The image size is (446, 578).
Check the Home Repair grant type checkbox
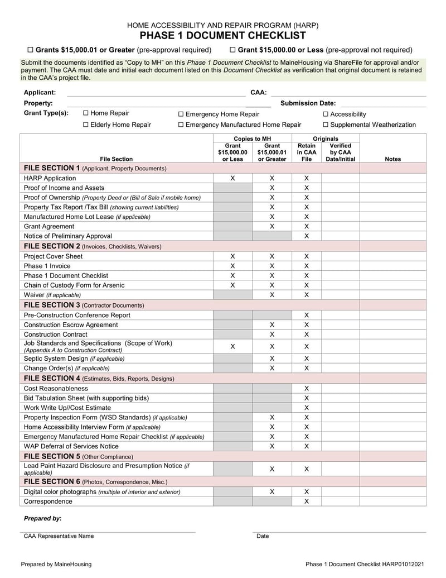[x=86, y=113]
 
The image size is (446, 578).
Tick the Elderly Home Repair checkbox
[x=86, y=125]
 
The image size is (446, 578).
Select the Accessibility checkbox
[x=326, y=114]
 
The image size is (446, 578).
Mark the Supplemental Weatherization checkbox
[x=326, y=125]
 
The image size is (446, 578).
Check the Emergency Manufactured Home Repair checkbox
[x=181, y=125]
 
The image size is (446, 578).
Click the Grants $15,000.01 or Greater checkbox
[x=31, y=50]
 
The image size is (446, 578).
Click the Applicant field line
[x=156, y=93]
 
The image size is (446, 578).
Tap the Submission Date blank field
[x=383, y=103]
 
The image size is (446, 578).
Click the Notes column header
[x=392, y=159]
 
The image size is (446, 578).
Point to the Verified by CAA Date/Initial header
[x=340, y=152]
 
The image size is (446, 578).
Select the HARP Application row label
[x=50, y=178]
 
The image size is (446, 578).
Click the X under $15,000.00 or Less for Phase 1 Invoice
[x=232, y=266]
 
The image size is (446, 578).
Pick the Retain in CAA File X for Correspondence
[x=306, y=501]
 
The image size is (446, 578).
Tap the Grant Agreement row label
[x=49, y=227]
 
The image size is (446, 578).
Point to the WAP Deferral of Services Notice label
[x=71, y=446]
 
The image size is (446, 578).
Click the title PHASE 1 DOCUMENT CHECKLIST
[x=222, y=36]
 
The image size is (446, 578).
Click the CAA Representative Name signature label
[x=59, y=536]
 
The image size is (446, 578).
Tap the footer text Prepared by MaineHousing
[x=56, y=565]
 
